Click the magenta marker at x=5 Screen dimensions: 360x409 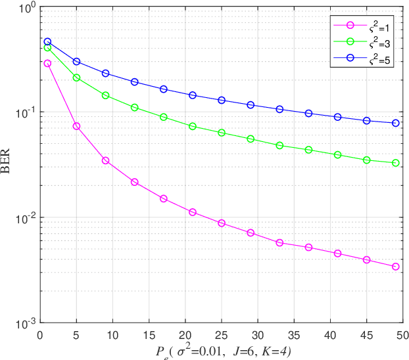(x=76, y=126)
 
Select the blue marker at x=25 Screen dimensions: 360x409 (x=222, y=101)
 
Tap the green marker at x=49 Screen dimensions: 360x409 (x=396, y=163)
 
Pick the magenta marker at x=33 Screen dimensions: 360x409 (x=279, y=243)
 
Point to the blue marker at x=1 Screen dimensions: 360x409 (x=47, y=41)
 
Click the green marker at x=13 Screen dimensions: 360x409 (x=134, y=107)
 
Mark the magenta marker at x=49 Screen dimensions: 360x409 (x=396, y=267)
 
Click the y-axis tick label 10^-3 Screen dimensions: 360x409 (x=24, y=323)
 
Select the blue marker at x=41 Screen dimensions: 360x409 (x=338, y=117)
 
